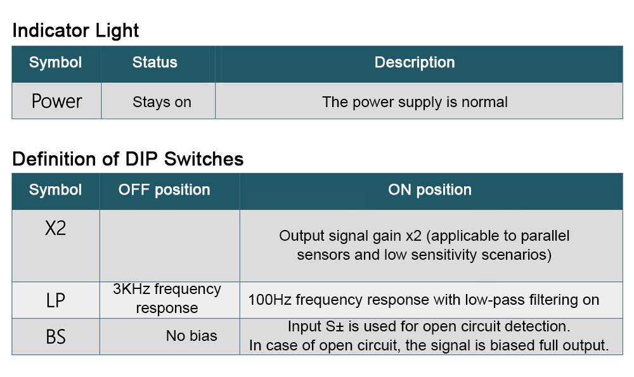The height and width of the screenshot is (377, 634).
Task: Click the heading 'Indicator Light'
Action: coord(75,30)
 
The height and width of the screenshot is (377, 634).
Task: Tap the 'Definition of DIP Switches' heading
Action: coord(128,159)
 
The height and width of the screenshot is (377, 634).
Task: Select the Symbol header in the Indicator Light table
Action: coord(55,63)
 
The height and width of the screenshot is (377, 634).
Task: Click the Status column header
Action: coord(155,62)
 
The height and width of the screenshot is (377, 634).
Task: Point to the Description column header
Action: coord(415,63)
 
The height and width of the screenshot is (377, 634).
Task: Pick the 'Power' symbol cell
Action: coord(56,101)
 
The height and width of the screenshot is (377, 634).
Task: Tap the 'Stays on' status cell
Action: coord(162,102)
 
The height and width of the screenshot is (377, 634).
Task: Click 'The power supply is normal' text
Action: coord(415,102)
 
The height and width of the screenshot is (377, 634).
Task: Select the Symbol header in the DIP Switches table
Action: coord(55,190)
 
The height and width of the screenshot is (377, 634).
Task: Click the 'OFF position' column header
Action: coord(164,190)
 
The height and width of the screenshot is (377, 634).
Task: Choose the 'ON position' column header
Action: coord(430,190)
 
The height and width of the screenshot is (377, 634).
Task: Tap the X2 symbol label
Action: coord(55,228)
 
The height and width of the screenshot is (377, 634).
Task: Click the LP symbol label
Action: coord(55,300)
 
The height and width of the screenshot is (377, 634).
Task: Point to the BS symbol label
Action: coord(55,336)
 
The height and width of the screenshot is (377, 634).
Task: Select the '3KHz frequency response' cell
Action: coord(167,298)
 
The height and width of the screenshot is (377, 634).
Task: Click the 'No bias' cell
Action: coord(191,336)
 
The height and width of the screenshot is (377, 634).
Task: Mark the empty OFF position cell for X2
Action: coord(170,246)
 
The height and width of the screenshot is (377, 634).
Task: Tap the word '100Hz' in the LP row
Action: coord(269,300)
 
